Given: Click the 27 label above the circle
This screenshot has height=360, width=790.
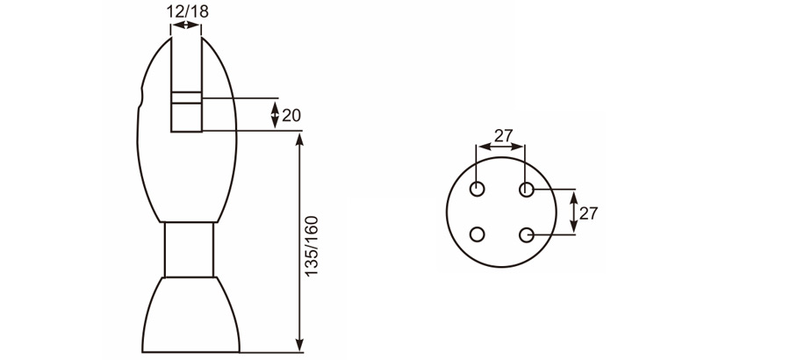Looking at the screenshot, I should (x=502, y=135).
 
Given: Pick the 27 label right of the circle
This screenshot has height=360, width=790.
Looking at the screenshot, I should (x=588, y=212).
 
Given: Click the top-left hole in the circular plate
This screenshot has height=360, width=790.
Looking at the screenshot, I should (x=478, y=189).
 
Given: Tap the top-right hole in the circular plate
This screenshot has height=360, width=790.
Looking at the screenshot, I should (x=527, y=189).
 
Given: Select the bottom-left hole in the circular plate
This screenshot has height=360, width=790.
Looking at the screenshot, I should (x=478, y=235).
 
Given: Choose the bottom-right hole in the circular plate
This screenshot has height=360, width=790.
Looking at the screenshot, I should (x=527, y=235).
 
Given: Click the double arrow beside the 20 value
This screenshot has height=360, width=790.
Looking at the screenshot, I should (x=276, y=114).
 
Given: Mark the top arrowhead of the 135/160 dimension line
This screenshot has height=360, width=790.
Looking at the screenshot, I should (x=301, y=139).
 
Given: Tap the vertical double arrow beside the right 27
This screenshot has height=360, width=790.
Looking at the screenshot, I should (x=573, y=212).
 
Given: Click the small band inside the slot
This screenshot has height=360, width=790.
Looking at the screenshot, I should (x=186, y=97).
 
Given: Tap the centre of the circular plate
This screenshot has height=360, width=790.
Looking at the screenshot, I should (x=502, y=212).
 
